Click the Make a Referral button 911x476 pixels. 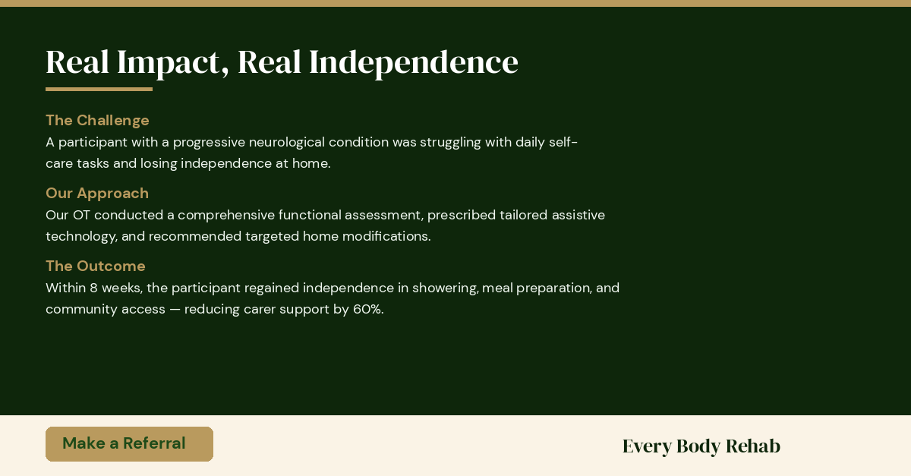click(129, 444)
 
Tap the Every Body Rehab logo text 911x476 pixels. click(701, 446)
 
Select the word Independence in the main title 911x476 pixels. click(414, 63)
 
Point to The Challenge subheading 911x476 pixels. click(97, 121)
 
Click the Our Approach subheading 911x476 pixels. click(97, 194)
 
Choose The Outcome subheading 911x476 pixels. click(95, 266)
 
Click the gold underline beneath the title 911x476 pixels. click(99, 89)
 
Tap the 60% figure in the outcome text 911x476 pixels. click(368, 309)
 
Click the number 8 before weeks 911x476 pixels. click(93, 288)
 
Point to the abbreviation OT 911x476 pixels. click(81, 215)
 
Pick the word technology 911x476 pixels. click(81, 237)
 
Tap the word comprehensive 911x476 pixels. click(226, 215)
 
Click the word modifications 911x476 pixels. click(386, 236)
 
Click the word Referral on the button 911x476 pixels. click(154, 443)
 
